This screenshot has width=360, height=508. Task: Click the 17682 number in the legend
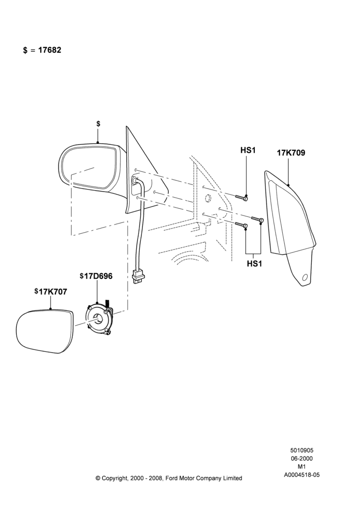(50, 50)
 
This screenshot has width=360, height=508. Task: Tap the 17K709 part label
(291, 152)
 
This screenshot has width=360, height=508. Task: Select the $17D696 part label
(96, 276)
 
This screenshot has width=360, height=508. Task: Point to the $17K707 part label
(51, 292)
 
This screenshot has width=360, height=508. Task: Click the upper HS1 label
(248, 150)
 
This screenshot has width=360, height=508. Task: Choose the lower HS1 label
(254, 264)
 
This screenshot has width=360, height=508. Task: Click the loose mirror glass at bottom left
(45, 331)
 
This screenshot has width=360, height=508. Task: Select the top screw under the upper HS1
(242, 197)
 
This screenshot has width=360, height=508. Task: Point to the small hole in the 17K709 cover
(305, 277)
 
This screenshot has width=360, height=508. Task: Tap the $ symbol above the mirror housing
(98, 124)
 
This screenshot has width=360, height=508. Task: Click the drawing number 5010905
(302, 450)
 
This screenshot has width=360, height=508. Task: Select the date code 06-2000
(302, 458)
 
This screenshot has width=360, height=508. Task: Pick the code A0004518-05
(302, 475)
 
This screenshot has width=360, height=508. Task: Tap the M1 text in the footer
(302, 467)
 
